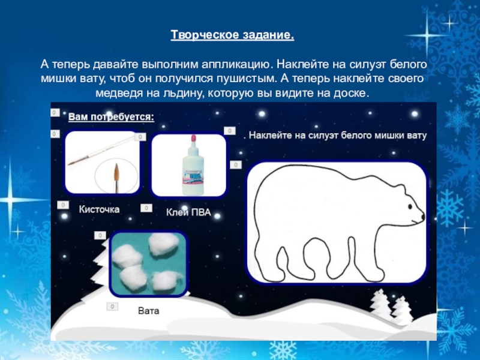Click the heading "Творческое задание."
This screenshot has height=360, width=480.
click(232, 35)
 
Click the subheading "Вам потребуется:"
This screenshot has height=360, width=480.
click(111, 117)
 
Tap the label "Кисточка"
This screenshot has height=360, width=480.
click(99, 209)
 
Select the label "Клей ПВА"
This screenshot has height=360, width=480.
click(188, 212)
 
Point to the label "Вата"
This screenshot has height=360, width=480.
click(149, 311)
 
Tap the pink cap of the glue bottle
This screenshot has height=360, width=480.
click(193, 139)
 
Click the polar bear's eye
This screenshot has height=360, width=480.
click(410, 207)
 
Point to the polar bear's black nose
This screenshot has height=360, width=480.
click(423, 217)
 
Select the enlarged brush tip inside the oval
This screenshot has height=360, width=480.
click(116, 175)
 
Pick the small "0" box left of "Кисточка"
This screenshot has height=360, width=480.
click(63, 205)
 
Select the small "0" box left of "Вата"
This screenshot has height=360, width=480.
click(112, 307)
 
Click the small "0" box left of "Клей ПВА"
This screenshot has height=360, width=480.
click(146, 208)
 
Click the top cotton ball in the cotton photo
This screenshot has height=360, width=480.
click(163, 244)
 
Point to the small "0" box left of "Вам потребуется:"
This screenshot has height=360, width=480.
click(55, 113)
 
